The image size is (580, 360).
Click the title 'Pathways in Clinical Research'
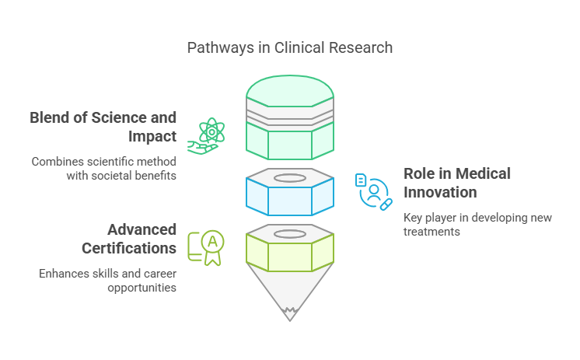[289, 47]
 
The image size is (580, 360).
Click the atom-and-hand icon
[204, 136]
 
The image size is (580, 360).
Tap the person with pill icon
[374, 192]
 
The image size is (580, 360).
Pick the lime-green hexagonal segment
[290, 254]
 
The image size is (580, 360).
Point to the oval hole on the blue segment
[290, 178]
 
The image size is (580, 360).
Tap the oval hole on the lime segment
[290, 233]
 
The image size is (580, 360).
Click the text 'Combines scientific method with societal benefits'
[103, 169]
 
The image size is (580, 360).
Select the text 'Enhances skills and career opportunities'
[107, 280]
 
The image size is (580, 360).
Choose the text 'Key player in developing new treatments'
[477, 225]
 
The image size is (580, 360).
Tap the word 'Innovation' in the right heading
[440, 192]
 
